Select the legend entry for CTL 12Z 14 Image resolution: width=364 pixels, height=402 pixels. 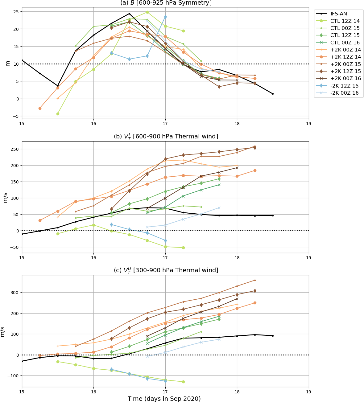pos(345,21)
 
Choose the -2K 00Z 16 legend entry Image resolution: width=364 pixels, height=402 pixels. pos(344,93)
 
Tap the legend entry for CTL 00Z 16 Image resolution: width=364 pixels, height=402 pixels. pos(345,43)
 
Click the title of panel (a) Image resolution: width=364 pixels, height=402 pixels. pos(166,3)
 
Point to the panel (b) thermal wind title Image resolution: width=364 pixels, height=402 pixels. pos(166,136)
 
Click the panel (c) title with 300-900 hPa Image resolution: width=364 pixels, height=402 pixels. pos(166,270)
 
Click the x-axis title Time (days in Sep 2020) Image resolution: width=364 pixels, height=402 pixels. pos(164,399)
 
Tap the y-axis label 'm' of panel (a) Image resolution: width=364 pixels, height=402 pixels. pos(8,64)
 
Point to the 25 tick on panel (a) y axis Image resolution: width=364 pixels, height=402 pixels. pos(16,12)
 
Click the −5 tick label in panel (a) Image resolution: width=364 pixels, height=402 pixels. pos(15,116)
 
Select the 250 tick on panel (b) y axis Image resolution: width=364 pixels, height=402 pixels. pos(14,149)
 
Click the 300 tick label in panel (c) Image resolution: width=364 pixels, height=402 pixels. pos(14,292)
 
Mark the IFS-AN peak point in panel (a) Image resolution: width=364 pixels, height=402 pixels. pos(129,14)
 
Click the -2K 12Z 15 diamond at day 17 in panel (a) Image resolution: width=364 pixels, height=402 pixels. pos(165,17)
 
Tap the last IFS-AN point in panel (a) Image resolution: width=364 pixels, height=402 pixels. pos(273,94)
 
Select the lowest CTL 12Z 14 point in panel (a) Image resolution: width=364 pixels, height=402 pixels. pos(58,114)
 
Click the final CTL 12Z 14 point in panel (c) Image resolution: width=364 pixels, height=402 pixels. pos(183,382)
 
